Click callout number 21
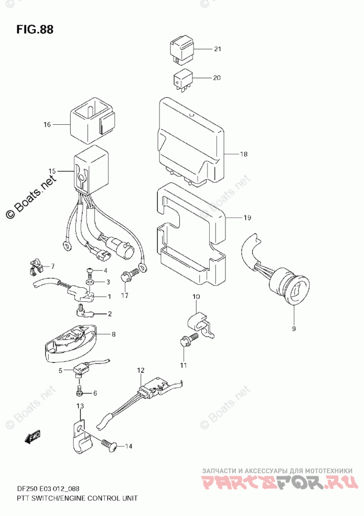click(218, 49)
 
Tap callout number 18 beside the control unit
click(244, 154)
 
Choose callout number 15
click(52, 171)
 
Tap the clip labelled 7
click(35, 268)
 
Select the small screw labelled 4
click(89, 271)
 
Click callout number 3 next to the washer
click(109, 283)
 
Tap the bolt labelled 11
click(188, 340)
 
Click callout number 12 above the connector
click(140, 370)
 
